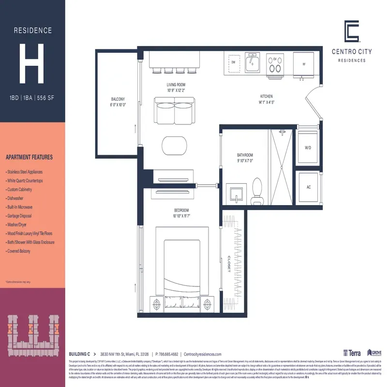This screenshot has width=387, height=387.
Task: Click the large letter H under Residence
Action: (x=32, y=62)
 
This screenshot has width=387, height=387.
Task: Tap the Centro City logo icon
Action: (x=352, y=32)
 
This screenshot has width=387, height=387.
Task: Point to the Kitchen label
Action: (x=267, y=99)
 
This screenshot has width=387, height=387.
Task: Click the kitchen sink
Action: (x=252, y=63)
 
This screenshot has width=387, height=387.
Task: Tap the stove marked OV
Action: (x=276, y=64)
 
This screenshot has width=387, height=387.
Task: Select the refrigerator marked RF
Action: (x=304, y=64)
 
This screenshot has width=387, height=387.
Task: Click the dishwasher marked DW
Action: (x=233, y=63)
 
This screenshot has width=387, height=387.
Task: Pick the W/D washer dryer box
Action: (x=308, y=147)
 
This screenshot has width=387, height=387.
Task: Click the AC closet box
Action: (x=308, y=187)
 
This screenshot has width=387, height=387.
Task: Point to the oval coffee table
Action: (x=173, y=145)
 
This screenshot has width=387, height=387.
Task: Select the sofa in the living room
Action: (x=173, y=111)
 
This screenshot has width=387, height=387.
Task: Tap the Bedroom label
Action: (x=184, y=213)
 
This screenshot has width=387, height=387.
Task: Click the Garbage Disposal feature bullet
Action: (x=23, y=216)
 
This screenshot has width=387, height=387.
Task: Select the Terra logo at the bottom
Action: (x=352, y=354)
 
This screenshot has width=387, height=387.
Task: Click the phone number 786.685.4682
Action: (x=167, y=354)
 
